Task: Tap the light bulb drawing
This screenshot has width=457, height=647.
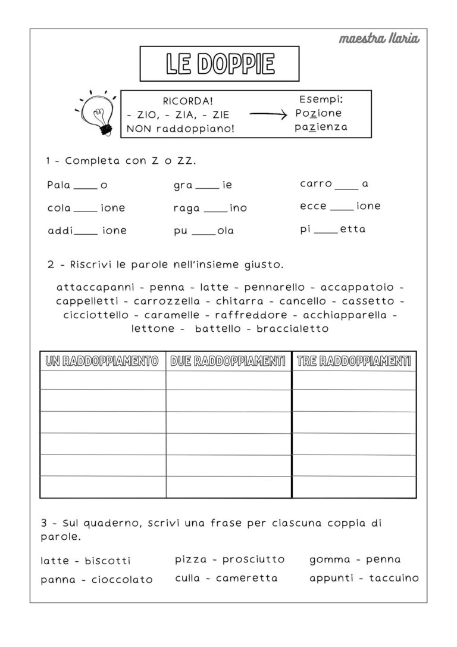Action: [97, 113]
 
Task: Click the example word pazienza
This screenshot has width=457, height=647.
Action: [321, 127]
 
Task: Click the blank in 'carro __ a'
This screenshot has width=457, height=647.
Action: [347, 186]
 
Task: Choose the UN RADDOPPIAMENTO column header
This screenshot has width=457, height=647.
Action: [102, 361]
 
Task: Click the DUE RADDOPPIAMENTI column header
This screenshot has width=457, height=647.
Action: [228, 361]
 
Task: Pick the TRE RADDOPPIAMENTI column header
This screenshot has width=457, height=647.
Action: [353, 361]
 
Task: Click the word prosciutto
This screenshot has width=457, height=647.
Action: [254, 559]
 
